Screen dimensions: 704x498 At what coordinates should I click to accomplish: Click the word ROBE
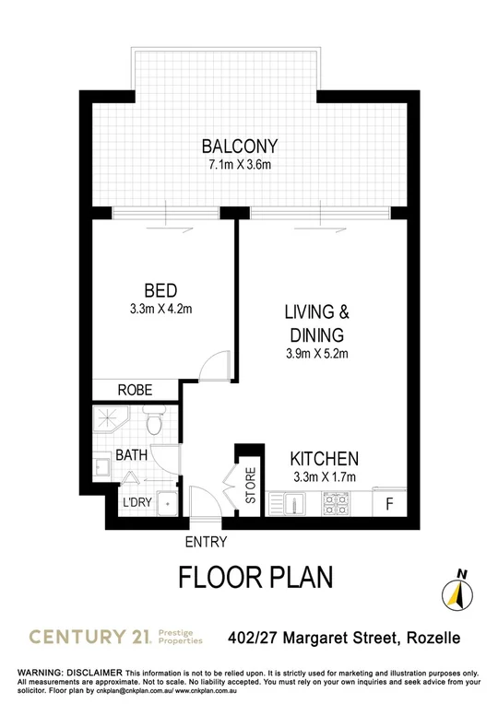135,390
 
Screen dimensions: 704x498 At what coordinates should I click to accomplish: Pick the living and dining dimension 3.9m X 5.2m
316,353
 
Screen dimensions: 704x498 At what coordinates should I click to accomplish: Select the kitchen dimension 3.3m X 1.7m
323,476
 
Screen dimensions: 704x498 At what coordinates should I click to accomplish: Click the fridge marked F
388,504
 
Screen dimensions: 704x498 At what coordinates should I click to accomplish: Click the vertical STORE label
250,487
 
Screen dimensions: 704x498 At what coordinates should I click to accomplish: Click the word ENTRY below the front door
206,543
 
